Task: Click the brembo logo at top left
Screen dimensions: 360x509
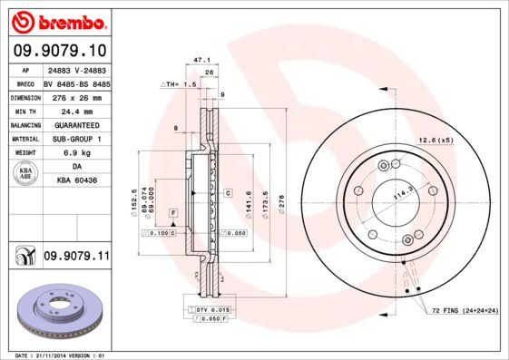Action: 56,20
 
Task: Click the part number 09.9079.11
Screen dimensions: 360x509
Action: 75,258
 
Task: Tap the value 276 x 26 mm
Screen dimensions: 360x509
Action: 76,96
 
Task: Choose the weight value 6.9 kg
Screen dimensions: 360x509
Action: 76,153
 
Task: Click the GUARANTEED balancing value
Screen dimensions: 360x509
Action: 76,124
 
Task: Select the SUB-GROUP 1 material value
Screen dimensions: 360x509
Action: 76,139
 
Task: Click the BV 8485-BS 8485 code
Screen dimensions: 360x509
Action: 76,82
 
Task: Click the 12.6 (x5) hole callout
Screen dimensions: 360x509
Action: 435,140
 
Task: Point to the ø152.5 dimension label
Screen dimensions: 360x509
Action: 135,200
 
